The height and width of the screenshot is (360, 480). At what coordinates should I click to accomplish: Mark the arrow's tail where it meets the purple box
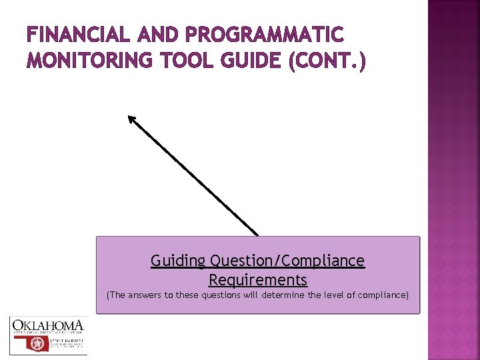(x=257, y=234)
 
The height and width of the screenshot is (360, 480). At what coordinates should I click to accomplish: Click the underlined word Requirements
(x=258, y=279)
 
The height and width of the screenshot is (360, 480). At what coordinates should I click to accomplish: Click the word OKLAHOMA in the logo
(x=48, y=325)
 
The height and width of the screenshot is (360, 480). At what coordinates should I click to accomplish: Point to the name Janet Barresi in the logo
(x=68, y=339)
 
